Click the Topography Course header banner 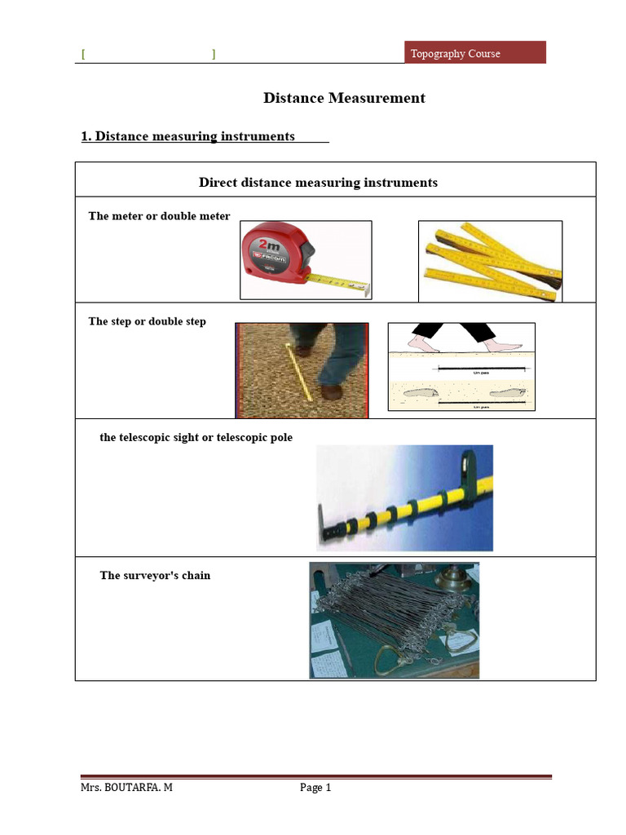click(x=475, y=53)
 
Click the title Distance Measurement click(x=344, y=98)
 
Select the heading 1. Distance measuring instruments click(x=188, y=136)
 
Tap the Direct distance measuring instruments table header click(x=318, y=183)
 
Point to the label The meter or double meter click(x=159, y=216)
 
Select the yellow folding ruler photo click(x=490, y=261)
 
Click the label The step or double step click(x=147, y=321)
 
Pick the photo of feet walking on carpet click(x=302, y=370)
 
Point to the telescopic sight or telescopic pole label click(x=196, y=438)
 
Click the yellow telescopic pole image click(x=404, y=497)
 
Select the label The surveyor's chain click(x=155, y=576)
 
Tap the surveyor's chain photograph click(x=394, y=620)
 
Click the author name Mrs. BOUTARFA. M click(x=126, y=788)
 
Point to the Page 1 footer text click(x=315, y=788)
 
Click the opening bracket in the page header click(x=83, y=55)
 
